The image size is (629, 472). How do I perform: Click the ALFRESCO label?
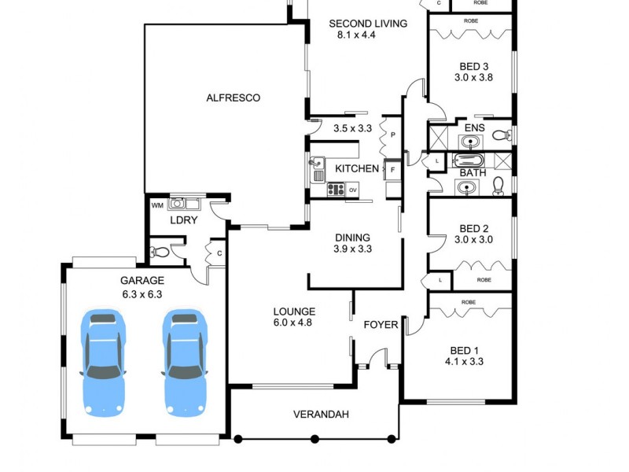[233, 98]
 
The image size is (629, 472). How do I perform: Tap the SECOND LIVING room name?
[367, 24]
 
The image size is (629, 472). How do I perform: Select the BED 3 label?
[474, 66]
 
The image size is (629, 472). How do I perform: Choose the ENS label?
[474, 127]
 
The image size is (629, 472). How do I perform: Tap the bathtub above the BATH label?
[469, 160]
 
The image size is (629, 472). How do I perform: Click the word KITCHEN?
[357, 169]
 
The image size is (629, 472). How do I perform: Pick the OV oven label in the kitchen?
[353, 189]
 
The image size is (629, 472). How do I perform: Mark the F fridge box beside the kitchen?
[392, 170]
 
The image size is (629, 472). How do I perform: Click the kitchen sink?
[318, 166]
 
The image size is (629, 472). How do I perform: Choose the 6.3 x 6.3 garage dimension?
[142, 294]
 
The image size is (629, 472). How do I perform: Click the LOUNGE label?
[294, 312]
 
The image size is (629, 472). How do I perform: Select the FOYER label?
[381, 324]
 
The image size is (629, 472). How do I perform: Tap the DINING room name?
[352, 238]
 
